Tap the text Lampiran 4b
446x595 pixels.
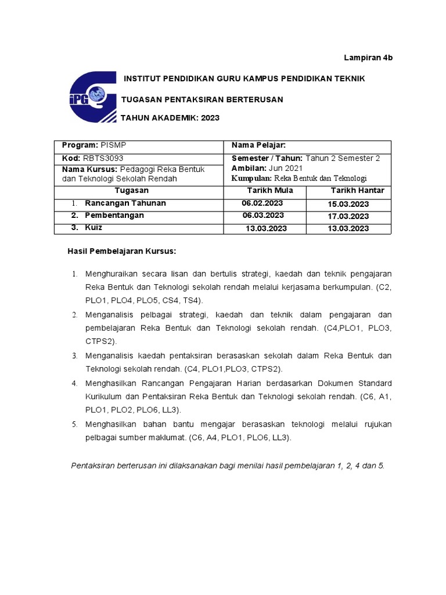click(x=369, y=59)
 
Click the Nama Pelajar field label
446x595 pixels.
click(x=259, y=145)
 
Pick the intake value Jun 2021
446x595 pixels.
click(x=286, y=168)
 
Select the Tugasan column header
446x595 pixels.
click(x=131, y=191)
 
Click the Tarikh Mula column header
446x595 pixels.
click(x=270, y=191)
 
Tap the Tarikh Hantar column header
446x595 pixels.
click(x=357, y=191)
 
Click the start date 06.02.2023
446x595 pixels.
click(x=262, y=203)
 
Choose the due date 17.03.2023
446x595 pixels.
click(x=348, y=216)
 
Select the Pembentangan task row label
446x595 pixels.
click(x=114, y=216)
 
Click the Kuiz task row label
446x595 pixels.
click(x=93, y=228)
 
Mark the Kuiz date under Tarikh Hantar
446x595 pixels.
click(x=348, y=228)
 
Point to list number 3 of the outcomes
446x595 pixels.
click(x=74, y=356)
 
